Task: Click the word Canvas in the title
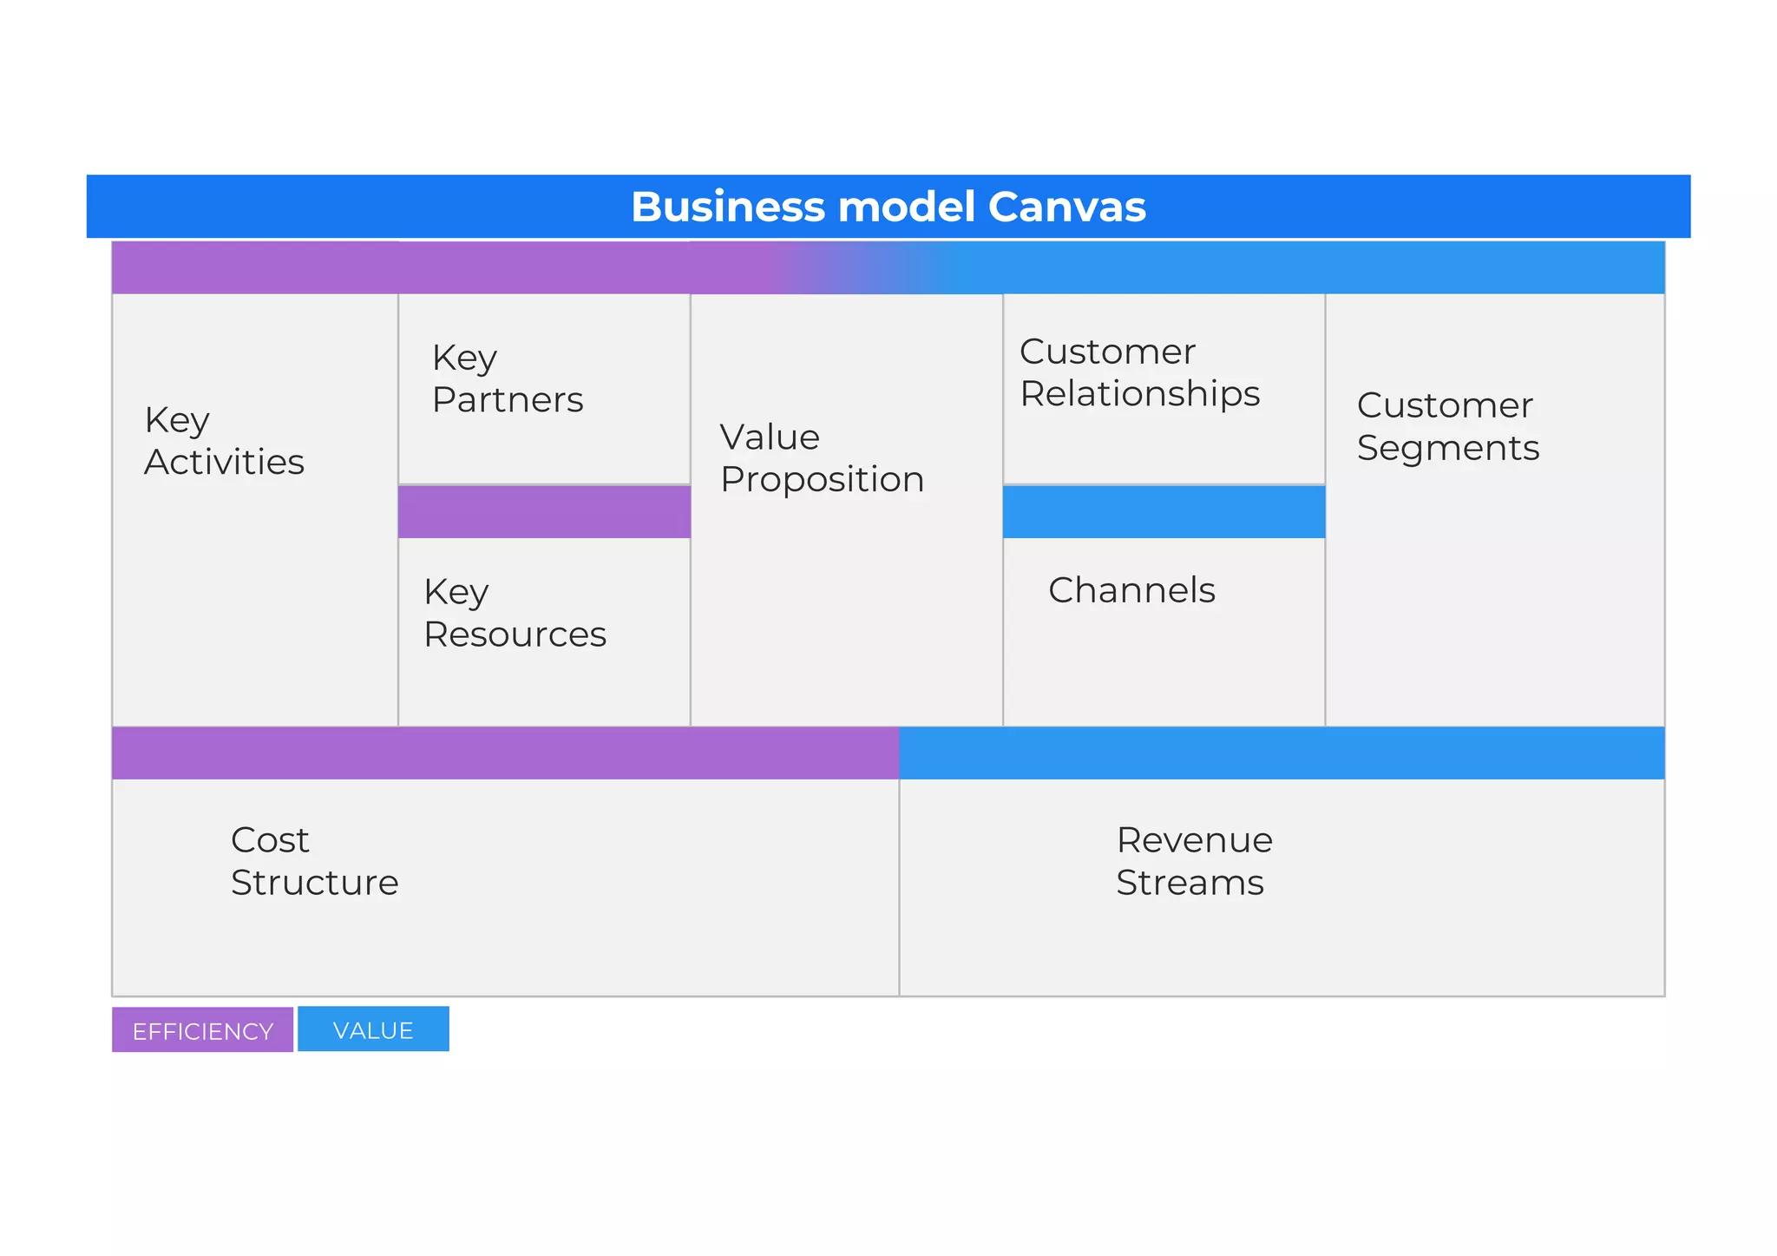pos(1066,207)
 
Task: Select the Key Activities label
pos(224,441)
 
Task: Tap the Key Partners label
pos(507,378)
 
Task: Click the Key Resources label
pos(514,613)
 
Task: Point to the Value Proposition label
pos(821,458)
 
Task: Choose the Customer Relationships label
pos(1138,372)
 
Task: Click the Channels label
pos(1131,590)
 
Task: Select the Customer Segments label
pos(1447,426)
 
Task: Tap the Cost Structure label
pos(314,861)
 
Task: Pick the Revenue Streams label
pos(1193,861)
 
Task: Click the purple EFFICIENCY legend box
pos(202,1030)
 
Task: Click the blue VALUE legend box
pos(373,1029)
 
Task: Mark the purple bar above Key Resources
pos(544,512)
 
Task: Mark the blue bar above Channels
pos(1164,512)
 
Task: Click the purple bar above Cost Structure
pos(505,753)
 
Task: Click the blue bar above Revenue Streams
pos(1282,753)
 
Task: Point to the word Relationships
pos(1139,394)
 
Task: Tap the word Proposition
pos(822,480)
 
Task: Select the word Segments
pos(1447,448)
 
